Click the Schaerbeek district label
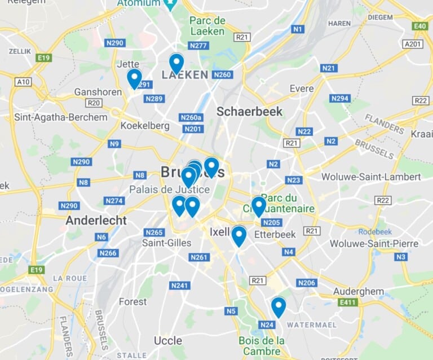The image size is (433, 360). click(249, 111)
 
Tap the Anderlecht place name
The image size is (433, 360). click(96, 220)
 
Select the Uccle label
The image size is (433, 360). click(168, 341)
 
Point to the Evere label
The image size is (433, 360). click(302, 89)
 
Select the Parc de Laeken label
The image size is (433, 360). click(207, 26)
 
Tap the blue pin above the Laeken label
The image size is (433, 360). click(176, 63)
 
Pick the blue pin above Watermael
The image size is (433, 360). click(279, 307)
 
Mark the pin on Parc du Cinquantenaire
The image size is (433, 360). click(259, 206)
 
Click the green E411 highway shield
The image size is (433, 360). click(348, 302)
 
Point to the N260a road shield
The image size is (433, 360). click(191, 117)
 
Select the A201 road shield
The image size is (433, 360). click(413, 43)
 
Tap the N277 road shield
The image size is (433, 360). click(198, 46)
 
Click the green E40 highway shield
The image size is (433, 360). click(419, 26)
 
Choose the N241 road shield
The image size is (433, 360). click(179, 286)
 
